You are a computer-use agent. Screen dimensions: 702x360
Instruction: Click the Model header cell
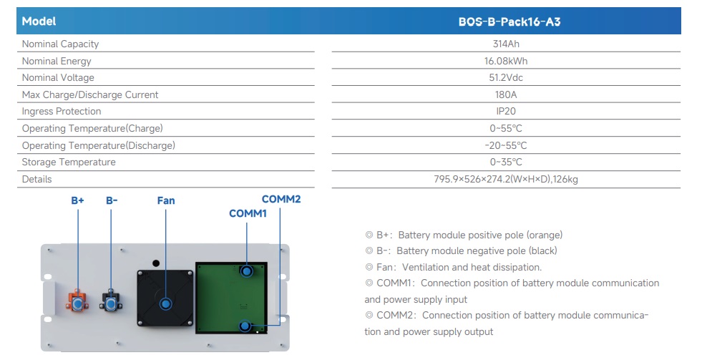39,21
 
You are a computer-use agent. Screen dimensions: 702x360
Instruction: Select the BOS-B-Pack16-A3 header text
509,21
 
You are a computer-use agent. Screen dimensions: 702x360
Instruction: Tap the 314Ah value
506,44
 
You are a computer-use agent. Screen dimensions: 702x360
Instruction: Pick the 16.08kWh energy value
506,61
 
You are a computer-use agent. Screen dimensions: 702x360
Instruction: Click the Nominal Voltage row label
58,77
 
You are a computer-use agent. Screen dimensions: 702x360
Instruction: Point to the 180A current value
506,94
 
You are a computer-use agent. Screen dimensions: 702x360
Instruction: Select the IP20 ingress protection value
506,111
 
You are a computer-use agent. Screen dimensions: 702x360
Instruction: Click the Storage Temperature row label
69,162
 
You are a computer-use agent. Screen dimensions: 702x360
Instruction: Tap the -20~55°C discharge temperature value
506,145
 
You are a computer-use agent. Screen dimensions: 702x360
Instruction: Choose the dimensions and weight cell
506,179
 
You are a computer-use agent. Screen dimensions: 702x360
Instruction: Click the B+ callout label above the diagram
77,200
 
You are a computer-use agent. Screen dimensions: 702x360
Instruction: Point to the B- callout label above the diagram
112,200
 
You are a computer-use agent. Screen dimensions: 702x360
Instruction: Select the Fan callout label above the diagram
165,200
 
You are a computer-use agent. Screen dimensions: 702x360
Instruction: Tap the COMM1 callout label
248,213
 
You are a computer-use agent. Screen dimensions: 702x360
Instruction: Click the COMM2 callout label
281,199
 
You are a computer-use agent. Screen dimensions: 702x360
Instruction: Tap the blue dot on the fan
165,304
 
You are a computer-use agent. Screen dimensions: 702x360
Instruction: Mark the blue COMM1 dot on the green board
247,271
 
